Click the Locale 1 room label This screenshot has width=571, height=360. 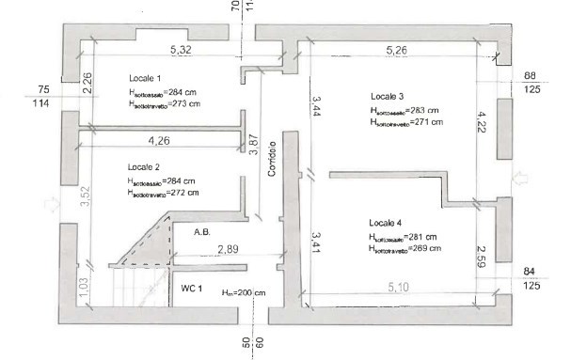point(146,78)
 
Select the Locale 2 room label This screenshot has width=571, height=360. point(146,165)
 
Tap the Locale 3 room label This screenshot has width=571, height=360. point(388,97)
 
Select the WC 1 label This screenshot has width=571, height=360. point(192,289)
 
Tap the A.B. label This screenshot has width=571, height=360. point(200,231)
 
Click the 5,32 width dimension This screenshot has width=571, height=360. point(183,48)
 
